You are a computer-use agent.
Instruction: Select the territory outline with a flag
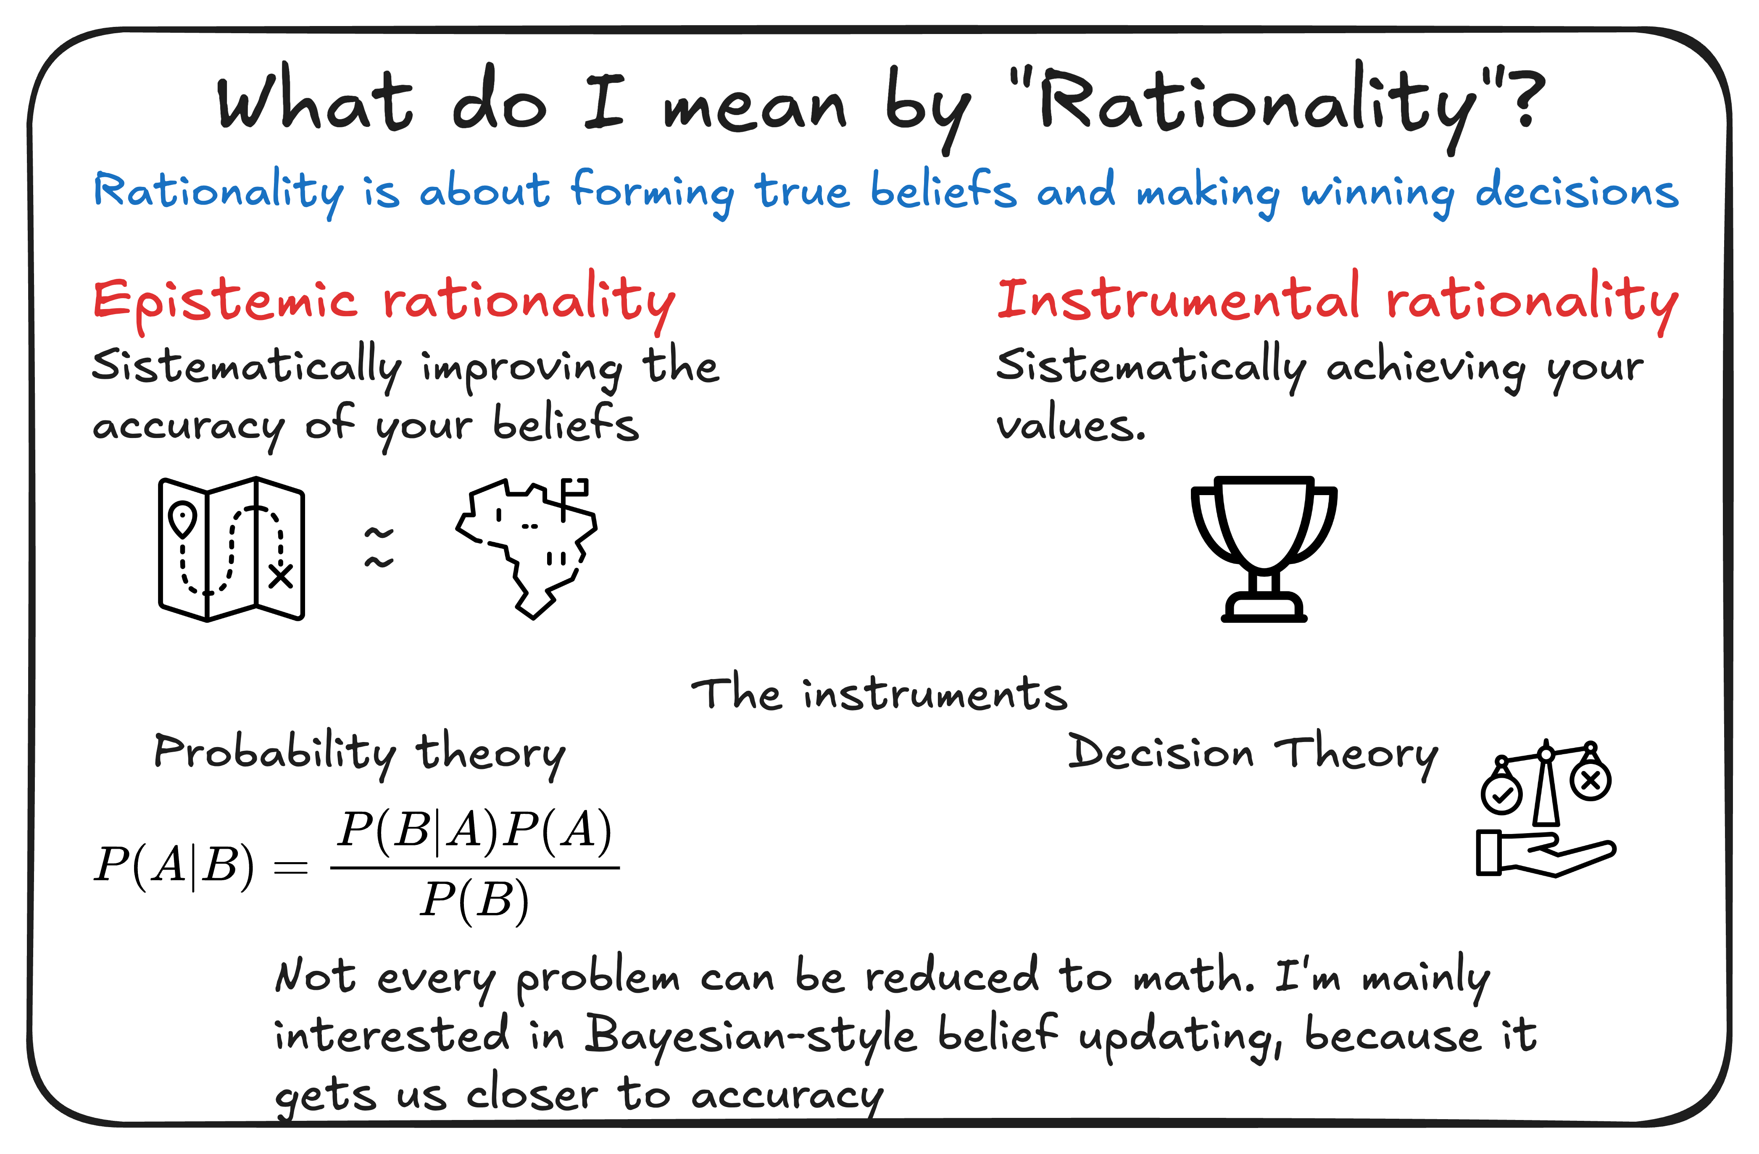point(526,548)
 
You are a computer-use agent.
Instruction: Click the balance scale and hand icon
point(1546,808)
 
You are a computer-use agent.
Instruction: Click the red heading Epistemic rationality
point(384,302)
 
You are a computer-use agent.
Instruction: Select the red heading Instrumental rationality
point(1338,302)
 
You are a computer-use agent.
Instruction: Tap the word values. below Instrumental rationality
point(1071,425)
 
